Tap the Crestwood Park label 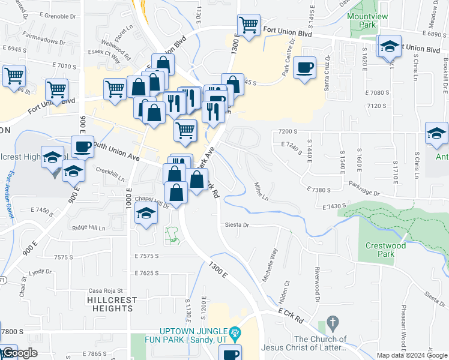point(385,250)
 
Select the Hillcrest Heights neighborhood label point(111,304)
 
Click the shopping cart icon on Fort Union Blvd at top point(249,25)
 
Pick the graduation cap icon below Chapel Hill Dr point(145,214)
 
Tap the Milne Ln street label point(261,191)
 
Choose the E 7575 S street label point(147,256)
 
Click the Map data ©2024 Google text point(411,355)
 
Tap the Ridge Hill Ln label point(88,228)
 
